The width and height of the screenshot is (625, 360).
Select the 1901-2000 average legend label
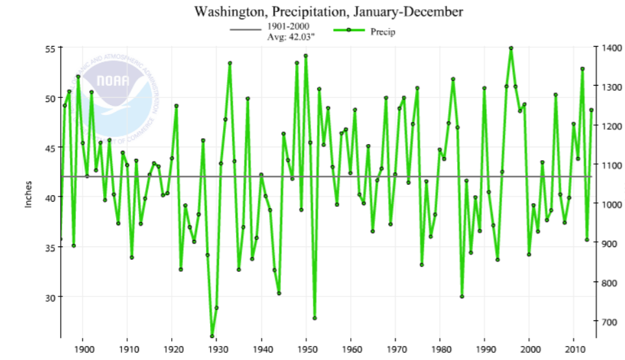pos(289,32)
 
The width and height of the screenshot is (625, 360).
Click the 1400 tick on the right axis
pos(611,48)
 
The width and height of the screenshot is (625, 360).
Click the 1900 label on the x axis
pos(83,350)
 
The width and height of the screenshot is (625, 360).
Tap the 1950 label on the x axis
pos(306,350)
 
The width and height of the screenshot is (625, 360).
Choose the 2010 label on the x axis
pos(574,350)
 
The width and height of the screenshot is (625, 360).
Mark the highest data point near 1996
pos(511,48)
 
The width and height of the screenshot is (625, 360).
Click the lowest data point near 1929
pos(212,336)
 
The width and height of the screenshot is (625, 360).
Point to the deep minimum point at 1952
pos(314,318)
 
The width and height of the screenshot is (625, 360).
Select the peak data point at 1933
pos(230,63)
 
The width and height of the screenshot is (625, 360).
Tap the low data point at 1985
pos(462,296)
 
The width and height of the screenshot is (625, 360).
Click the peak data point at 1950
pos(305,56)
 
